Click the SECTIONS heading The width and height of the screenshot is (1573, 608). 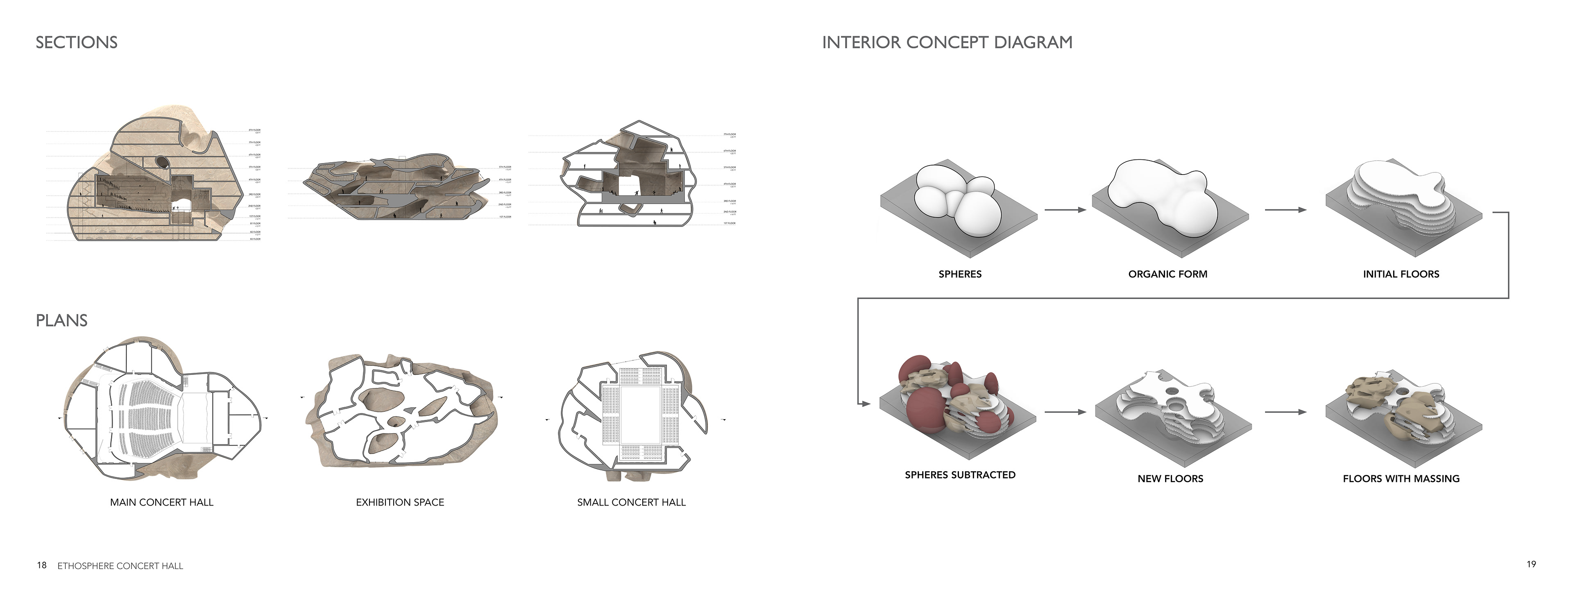coord(76,43)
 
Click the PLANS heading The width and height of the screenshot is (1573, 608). coord(62,320)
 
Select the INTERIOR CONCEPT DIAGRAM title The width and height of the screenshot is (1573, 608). coord(947,43)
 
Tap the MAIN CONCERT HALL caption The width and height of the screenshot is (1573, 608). coord(162,502)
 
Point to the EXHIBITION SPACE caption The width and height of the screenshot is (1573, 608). coord(400,502)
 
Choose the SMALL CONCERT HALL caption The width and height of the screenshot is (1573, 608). coord(631,502)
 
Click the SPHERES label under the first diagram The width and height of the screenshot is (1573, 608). coord(960,274)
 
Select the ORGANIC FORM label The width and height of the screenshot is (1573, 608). coord(1167,274)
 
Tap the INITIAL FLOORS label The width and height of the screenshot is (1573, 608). coord(1401,274)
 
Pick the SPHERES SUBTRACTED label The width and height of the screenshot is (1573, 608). coord(960,475)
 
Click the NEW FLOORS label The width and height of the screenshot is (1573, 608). coord(1170,479)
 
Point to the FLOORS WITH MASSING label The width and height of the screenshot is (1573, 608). coord(1401,479)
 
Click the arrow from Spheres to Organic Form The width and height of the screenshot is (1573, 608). coord(1065,210)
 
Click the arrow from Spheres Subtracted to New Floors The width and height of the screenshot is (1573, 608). coord(1065,412)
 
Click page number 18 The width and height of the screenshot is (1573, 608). coord(41,565)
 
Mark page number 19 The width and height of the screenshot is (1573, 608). coord(1531,565)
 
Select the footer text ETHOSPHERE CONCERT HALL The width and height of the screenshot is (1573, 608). coord(120,566)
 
